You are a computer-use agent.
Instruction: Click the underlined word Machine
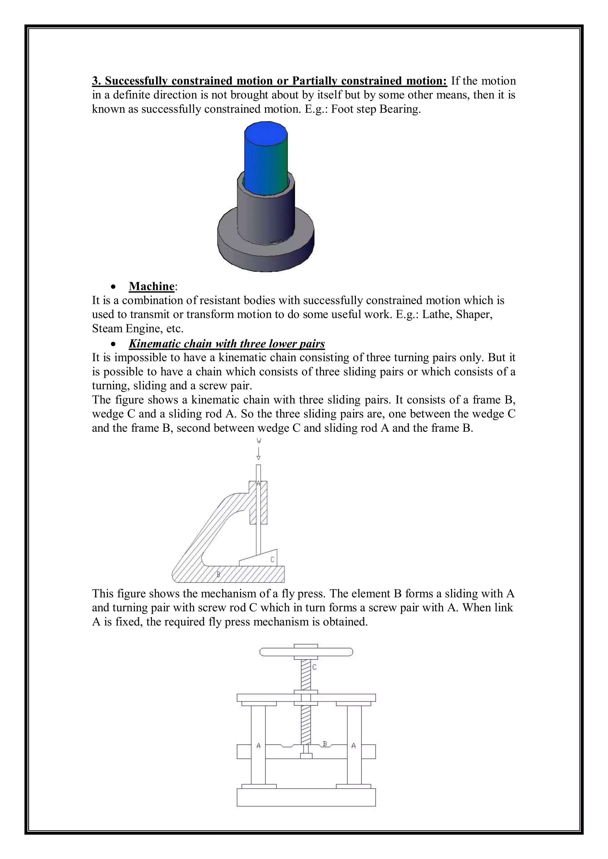click(x=152, y=286)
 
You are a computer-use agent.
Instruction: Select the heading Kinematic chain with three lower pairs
click(x=227, y=343)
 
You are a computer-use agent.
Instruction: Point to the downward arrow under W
click(x=258, y=453)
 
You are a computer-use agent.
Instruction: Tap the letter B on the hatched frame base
click(x=218, y=574)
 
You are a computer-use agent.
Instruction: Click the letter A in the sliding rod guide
click(x=258, y=483)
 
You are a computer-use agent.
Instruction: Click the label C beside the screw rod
click(x=314, y=667)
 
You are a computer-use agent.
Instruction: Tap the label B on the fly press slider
click(x=324, y=744)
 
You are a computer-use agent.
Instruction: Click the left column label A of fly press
click(x=258, y=746)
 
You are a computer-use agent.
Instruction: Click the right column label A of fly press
click(x=353, y=746)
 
